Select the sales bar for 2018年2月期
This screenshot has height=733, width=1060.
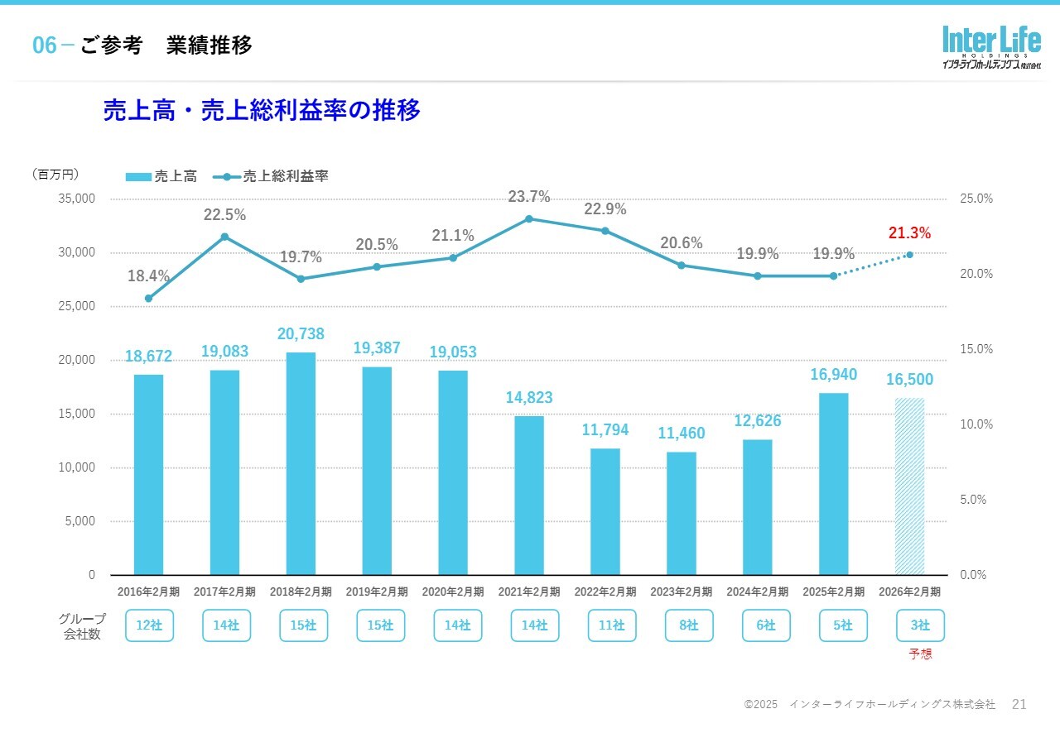pyautogui.click(x=301, y=463)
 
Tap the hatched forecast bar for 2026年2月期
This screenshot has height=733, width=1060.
pyautogui.click(x=909, y=486)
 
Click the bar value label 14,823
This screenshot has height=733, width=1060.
pyautogui.click(x=529, y=398)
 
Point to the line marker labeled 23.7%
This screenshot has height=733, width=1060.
pyautogui.click(x=529, y=218)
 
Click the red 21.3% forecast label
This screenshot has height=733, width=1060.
pyautogui.click(x=909, y=233)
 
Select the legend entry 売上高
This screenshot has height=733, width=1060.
pyautogui.click(x=162, y=176)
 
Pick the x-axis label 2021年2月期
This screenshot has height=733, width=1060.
pyautogui.click(x=529, y=592)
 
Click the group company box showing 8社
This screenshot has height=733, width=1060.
pyautogui.click(x=689, y=625)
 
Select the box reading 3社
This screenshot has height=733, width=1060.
pyautogui.click(x=920, y=625)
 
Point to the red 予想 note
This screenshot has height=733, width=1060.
pyautogui.click(x=920, y=654)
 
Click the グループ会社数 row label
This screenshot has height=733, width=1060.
pyautogui.click(x=82, y=626)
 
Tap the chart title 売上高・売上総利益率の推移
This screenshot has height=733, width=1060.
pyautogui.click(x=262, y=110)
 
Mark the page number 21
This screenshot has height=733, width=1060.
pyautogui.click(x=1019, y=704)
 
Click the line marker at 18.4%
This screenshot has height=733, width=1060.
pyautogui.click(x=148, y=298)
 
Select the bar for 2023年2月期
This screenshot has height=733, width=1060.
pyautogui.click(x=682, y=513)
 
